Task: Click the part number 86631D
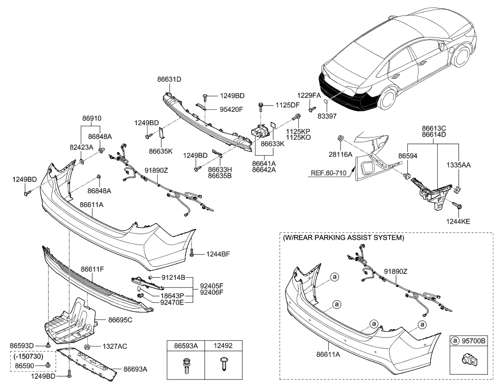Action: click(169, 79)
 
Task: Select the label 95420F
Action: click(231, 109)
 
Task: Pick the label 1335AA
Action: click(459, 166)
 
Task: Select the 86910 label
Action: click(91, 118)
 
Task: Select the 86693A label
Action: click(136, 369)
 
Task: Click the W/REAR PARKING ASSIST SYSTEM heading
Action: click(344, 238)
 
